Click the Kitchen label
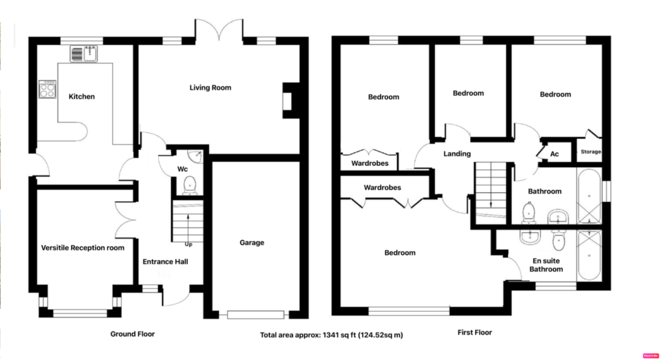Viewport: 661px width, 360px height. (x=81, y=97)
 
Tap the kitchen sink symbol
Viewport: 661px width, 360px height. (x=83, y=54)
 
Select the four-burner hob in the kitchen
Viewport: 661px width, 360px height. (x=47, y=89)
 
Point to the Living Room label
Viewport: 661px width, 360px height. (x=210, y=88)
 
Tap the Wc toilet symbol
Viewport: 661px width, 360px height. (x=190, y=185)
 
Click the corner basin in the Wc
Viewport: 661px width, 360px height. (x=196, y=156)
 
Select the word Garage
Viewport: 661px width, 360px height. (x=252, y=243)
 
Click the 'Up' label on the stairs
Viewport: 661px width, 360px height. (x=188, y=245)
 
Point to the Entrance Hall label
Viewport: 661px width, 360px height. (x=165, y=262)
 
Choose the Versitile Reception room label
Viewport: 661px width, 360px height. (x=83, y=248)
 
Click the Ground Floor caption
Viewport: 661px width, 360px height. (x=132, y=334)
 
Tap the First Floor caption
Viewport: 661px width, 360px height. (x=474, y=333)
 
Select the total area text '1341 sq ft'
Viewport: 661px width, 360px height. (x=340, y=335)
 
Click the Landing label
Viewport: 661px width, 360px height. (x=457, y=154)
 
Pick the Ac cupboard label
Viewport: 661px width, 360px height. (x=554, y=154)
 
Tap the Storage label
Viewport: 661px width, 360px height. (x=591, y=152)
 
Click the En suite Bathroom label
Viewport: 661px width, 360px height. (x=546, y=265)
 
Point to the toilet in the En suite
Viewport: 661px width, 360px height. (x=558, y=241)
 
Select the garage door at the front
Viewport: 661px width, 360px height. (x=256, y=314)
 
